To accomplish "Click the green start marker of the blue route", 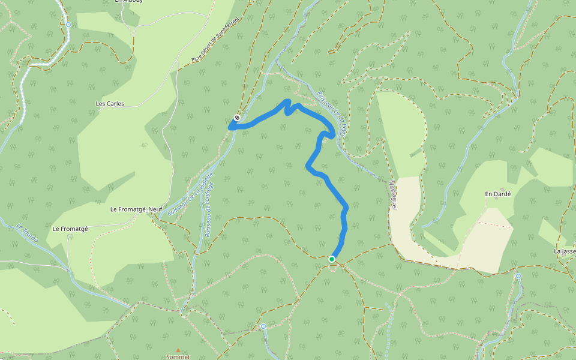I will [x=331, y=259].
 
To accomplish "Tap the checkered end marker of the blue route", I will [x=238, y=118].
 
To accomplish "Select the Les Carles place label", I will [x=110, y=104].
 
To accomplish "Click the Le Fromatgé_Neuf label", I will [x=136, y=209].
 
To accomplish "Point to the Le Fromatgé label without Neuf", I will [x=70, y=229].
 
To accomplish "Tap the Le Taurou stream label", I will [x=28, y=233].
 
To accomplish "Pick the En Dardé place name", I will [x=497, y=194].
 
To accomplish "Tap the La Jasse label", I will [x=565, y=251].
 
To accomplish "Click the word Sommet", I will [x=178, y=356].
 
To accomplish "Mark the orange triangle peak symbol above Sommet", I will [x=178, y=350].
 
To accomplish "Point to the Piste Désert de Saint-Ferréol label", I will [x=215, y=40].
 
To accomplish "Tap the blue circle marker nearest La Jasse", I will [x=518, y=276].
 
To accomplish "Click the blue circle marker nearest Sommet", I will [x=263, y=326].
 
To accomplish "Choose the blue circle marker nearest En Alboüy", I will [x=68, y=25].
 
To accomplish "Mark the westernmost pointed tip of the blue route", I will [x=230, y=127].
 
